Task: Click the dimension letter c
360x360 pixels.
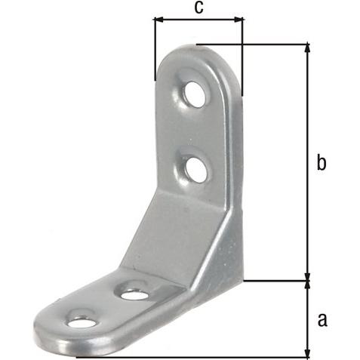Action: pyautogui.click(x=198, y=8)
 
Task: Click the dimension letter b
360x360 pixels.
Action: pyautogui.click(x=322, y=163)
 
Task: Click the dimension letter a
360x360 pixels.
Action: pyautogui.click(x=322, y=320)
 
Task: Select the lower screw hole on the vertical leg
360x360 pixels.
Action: pyautogui.click(x=197, y=170)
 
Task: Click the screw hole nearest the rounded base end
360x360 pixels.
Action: pyautogui.click(x=82, y=323)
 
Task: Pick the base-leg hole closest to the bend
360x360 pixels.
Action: pyautogui.click(x=134, y=294)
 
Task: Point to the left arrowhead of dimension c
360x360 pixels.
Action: pyautogui.click(x=159, y=20)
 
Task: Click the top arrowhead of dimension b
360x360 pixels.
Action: pyautogui.click(x=307, y=48)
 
